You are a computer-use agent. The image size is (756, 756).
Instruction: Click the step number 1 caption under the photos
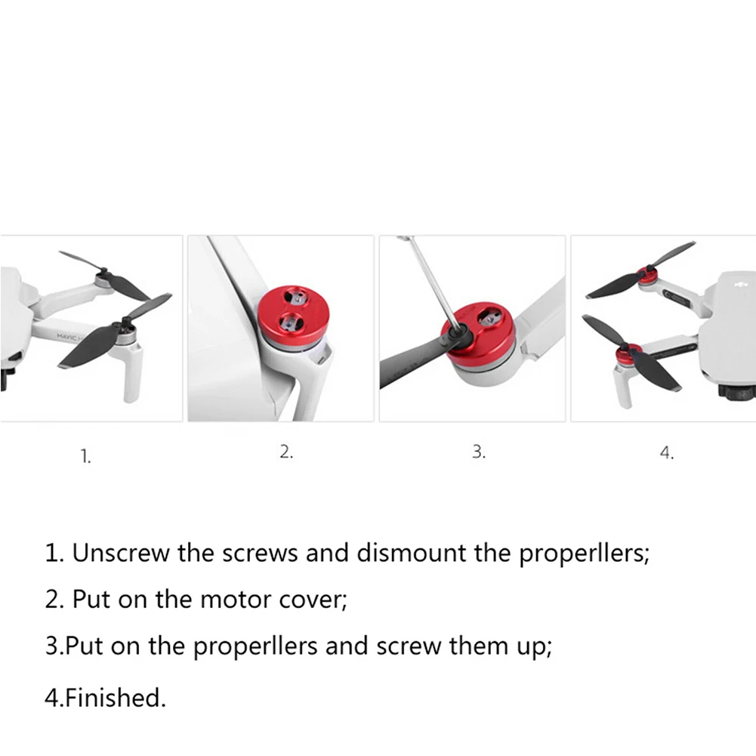[x=85, y=456]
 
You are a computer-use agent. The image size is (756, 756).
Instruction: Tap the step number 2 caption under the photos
[x=286, y=452]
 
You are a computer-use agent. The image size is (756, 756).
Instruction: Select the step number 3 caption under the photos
[x=478, y=452]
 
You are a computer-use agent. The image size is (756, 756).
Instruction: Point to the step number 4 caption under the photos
[x=667, y=452]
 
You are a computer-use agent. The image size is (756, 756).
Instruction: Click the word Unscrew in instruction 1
[x=121, y=553]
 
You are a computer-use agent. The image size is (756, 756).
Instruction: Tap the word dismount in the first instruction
[x=412, y=553]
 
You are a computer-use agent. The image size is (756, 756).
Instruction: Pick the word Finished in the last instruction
[x=116, y=698]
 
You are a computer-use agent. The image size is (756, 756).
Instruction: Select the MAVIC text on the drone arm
[x=66, y=336]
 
